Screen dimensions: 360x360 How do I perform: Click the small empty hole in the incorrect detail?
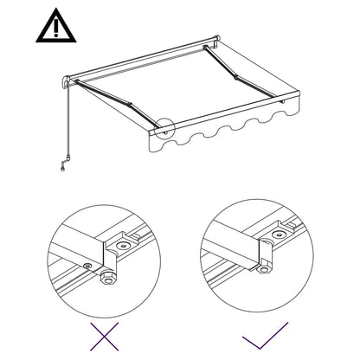click(x=87, y=267)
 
